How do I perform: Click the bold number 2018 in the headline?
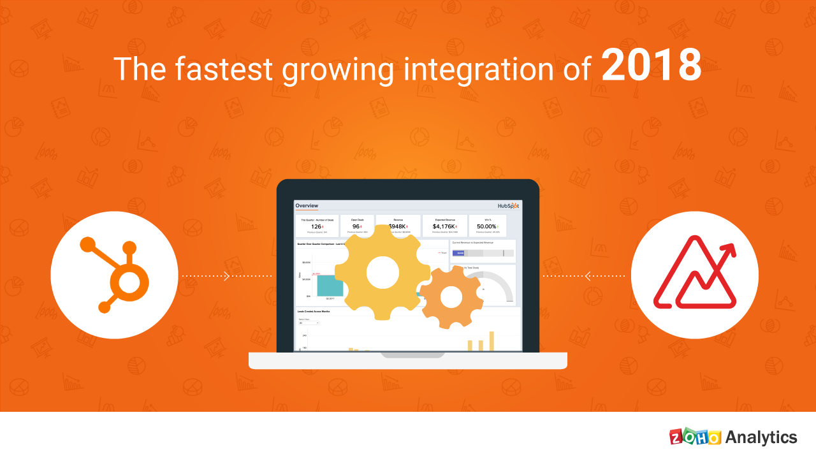[x=651, y=67]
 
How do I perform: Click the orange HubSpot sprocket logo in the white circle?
[x=114, y=275]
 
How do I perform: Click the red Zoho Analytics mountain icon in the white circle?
[x=694, y=275]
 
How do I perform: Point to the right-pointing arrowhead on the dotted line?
[x=226, y=276]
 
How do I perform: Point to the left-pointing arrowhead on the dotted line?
[x=588, y=276]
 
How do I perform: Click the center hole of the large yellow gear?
[x=381, y=272]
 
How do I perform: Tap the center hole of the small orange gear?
[x=451, y=296]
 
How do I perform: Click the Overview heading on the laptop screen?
[x=307, y=205]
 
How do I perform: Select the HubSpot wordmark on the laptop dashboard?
[x=509, y=206]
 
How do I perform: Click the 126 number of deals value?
[x=316, y=226]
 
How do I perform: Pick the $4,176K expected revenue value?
[x=444, y=226]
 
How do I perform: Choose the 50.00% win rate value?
[x=487, y=226]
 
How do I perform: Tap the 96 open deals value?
[x=356, y=226]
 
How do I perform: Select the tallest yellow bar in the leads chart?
[x=492, y=341]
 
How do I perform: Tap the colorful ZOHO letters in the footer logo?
[x=696, y=437]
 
